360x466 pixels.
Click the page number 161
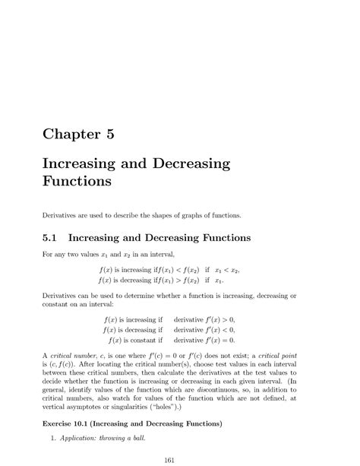coord(180,458)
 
